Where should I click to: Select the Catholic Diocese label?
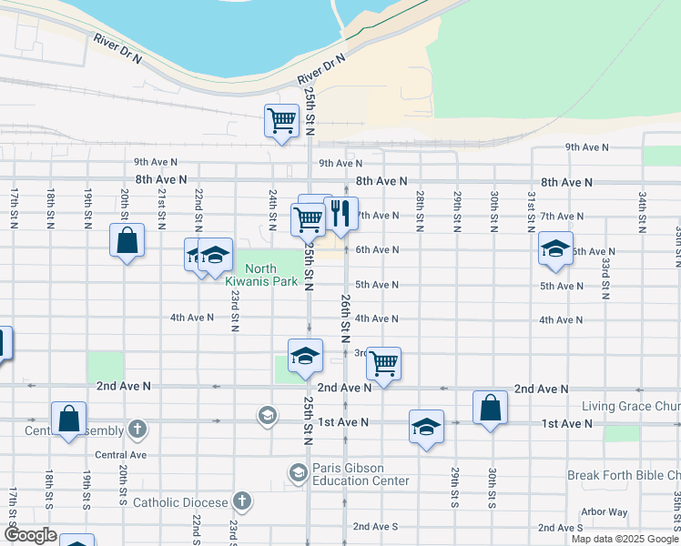(x=181, y=501)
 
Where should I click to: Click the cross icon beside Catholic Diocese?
(x=241, y=500)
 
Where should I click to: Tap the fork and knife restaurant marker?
(x=340, y=215)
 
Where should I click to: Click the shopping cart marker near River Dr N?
(x=281, y=120)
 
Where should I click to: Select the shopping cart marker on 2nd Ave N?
(x=383, y=363)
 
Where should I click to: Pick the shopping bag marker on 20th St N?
(x=127, y=241)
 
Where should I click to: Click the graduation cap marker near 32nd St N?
(x=555, y=248)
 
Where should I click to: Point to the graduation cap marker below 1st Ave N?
(x=426, y=427)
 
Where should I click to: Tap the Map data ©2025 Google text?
(x=625, y=539)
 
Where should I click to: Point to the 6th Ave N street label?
(x=377, y=249)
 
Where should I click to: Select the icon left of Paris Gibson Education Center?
(x=298, y=472)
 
